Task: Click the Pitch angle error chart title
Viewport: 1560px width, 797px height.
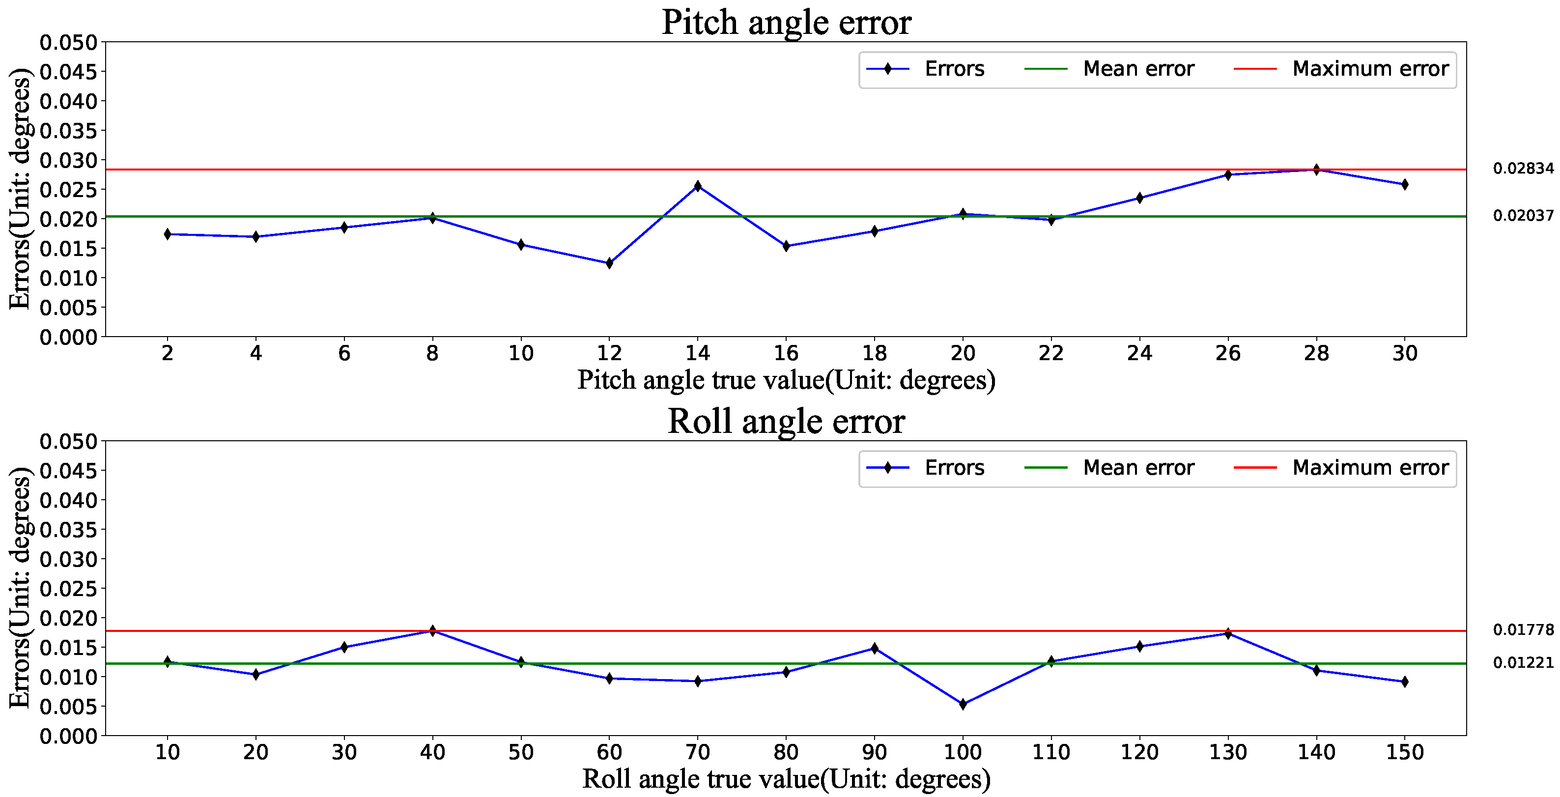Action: point(786,23)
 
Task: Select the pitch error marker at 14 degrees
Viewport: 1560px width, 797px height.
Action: point(698,186)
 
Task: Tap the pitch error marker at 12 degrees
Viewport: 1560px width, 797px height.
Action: point(609,263)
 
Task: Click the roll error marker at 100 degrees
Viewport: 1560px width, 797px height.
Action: point(963,704)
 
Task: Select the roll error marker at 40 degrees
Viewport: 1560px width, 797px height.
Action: point(432,630)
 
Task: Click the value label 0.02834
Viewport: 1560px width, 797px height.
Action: point(1523,169)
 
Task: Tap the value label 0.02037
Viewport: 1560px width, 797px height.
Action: point(1523,216)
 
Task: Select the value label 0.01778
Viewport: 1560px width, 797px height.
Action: point(1523,630)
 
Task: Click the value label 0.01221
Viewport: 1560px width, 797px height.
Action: point(1523,662)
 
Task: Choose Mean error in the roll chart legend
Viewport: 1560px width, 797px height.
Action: point(1138,468)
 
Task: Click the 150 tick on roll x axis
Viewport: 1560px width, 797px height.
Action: point(1404,752)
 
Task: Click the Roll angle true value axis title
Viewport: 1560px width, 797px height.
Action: point(786,779)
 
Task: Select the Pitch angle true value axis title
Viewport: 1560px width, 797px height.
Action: point(786,380)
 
